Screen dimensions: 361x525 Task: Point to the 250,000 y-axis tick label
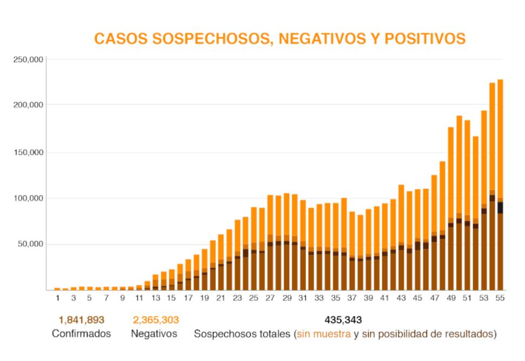(x=28, y=59)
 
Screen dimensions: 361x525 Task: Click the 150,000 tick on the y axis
(x=28, y=152)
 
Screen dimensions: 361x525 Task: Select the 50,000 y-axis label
(x=30, y=244)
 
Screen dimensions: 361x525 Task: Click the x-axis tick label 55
(x=500, y=298)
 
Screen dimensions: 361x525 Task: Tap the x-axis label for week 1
(x=57, y=298)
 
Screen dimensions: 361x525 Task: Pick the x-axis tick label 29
(x=287, y=298)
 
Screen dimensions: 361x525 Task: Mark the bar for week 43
(x=401, y=237)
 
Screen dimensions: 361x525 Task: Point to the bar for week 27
(x=270, y=243)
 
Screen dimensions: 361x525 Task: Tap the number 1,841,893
(x=81, y=320)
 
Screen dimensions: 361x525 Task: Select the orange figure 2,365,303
(x=155, y=320)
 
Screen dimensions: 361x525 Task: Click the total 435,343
(x=343, y=320)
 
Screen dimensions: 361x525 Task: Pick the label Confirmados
(x=81, y=334)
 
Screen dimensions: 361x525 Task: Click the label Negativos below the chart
(x=154, y=334)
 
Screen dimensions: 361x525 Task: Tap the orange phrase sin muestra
(x=324, y=334)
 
